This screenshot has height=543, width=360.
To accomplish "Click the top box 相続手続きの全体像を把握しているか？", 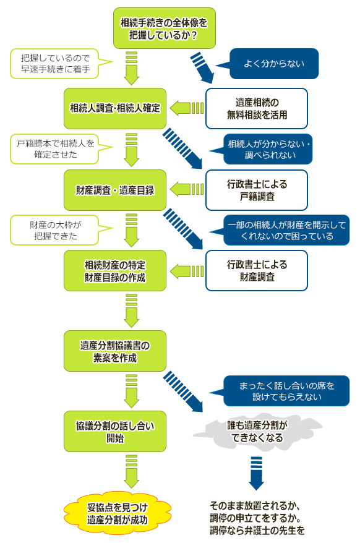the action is point(165,28).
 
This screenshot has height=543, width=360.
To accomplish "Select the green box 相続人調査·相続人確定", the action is point(115,108).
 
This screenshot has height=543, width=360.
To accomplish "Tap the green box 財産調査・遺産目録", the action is point(115,190).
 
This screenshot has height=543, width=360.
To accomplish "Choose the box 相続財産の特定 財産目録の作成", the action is point(115,271).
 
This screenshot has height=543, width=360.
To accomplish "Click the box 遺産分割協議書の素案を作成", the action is point(115,351).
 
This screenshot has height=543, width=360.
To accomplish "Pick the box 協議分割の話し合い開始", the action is point(115,432).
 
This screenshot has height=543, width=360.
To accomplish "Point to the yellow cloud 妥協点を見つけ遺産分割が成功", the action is point(118,513).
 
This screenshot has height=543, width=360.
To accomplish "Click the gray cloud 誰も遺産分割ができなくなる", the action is point(257,432).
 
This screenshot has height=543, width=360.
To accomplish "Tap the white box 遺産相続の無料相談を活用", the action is point(257,108).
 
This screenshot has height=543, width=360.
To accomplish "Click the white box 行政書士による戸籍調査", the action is point(257,190).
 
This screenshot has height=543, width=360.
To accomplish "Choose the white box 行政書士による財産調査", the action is point(257,271).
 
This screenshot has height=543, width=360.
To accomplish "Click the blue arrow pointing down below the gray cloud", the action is point(257,473).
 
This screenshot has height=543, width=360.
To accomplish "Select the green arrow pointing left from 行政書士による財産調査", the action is point(186,271).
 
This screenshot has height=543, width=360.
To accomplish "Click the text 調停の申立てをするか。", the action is point(255,518).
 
